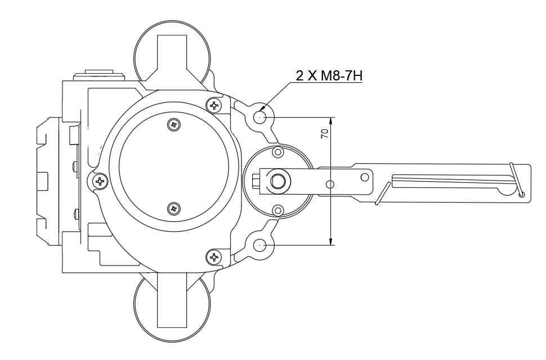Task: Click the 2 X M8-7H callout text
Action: pos(329,75)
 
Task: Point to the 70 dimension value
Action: pos(324,134)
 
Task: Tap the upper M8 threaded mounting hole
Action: pos(259,117)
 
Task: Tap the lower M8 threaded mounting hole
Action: pos(259,246)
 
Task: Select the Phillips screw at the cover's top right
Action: pos(214,105)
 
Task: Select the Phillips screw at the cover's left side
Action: pos(100,181)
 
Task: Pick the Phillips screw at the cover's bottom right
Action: pos(214,257)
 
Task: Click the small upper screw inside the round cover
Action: pos(174,124)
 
